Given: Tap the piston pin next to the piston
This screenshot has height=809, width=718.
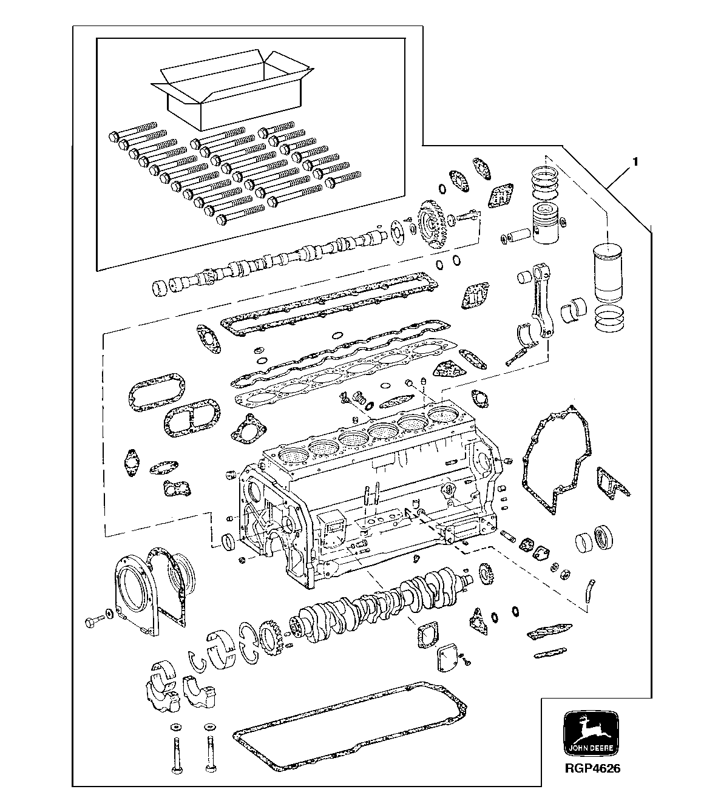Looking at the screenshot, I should (x=520, y=235).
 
